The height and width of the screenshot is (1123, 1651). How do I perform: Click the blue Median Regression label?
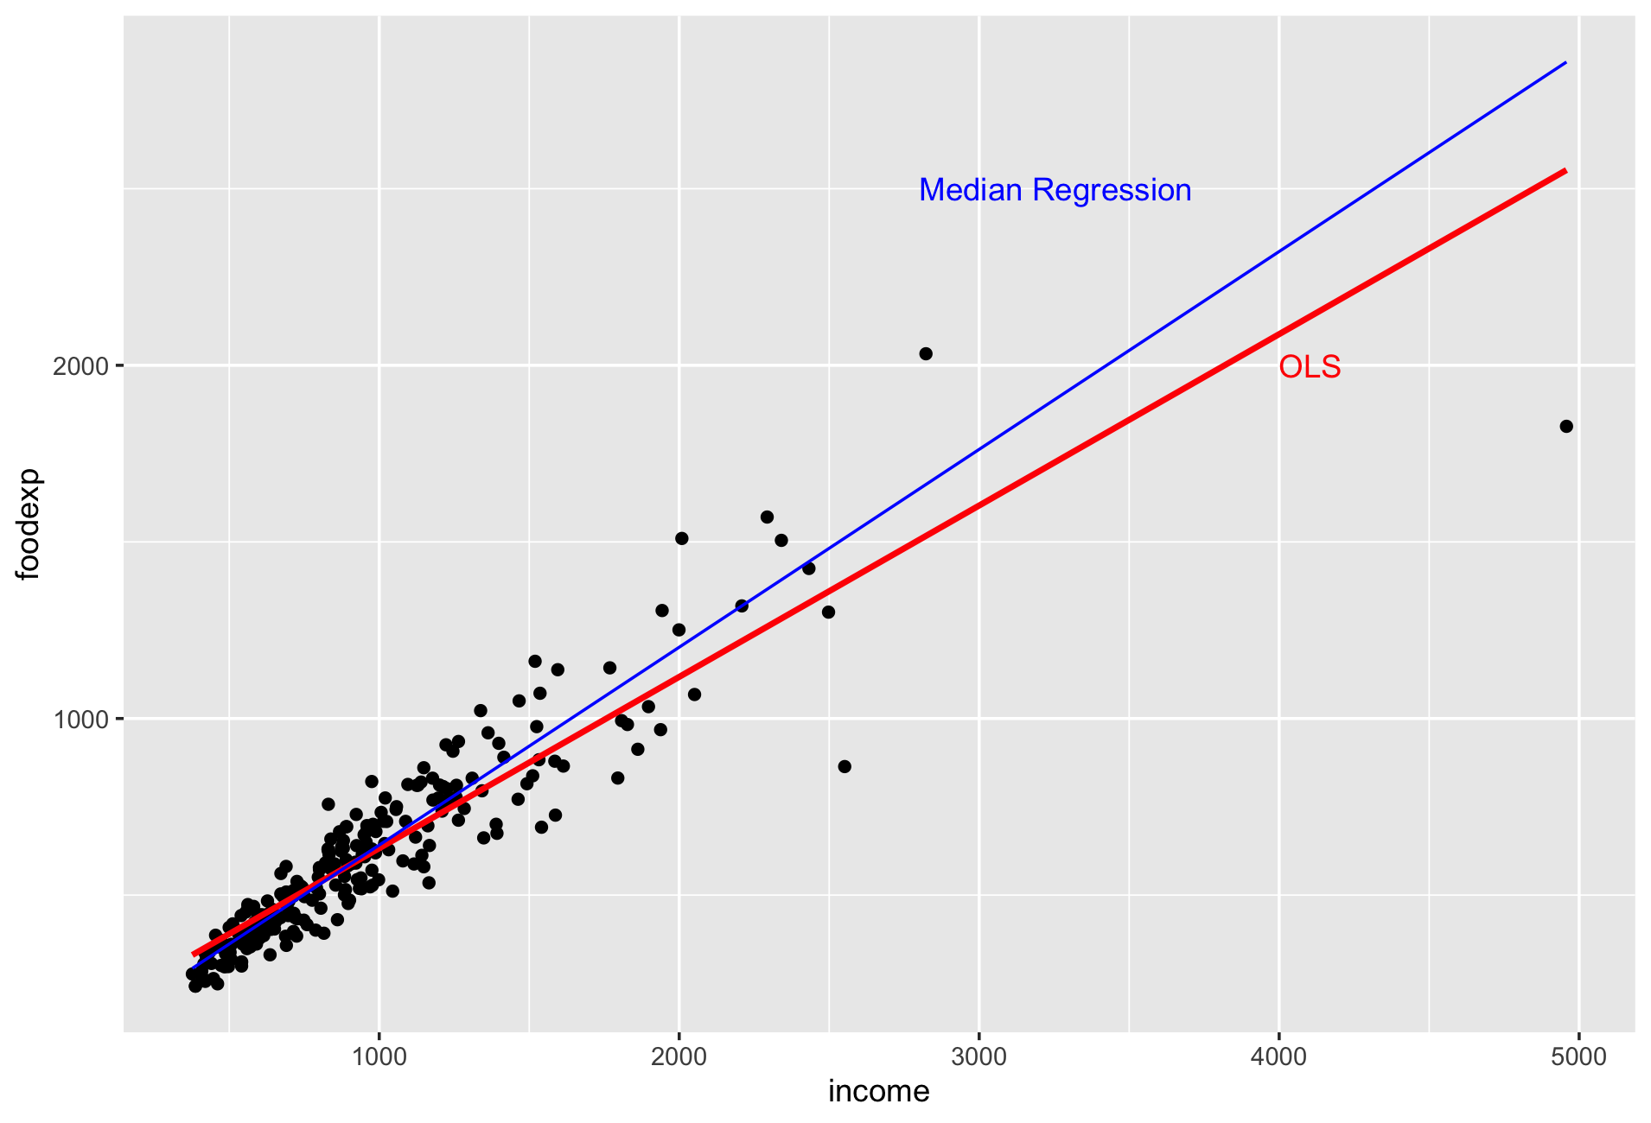point(1055,191)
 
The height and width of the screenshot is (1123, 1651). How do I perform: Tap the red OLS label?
point(1310,368)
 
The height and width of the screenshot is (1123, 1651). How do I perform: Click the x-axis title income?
point(878,1092)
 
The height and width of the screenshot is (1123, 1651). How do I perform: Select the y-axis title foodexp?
point(29,524)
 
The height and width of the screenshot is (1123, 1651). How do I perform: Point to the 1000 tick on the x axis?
point(379,1056)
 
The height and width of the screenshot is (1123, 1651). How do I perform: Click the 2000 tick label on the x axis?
point(679,1056)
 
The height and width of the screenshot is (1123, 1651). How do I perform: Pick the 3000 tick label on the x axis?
point(978,1056)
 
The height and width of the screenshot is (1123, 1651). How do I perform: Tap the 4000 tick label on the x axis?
point(1278,1056)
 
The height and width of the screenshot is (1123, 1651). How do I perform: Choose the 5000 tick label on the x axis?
point(1578,1056)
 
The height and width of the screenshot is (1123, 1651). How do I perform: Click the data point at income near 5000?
point(1566,427)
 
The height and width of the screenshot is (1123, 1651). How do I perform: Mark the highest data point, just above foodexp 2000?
point(926,353)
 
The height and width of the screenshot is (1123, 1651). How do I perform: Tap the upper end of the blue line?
point(1565,63)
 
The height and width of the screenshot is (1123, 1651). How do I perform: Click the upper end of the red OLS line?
point(1565,171)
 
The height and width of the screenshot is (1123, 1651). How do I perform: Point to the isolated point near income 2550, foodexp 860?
point(845,766)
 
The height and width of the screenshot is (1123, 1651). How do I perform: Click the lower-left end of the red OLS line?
point(194,955)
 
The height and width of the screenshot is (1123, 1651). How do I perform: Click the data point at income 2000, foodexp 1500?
point(681,538)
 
